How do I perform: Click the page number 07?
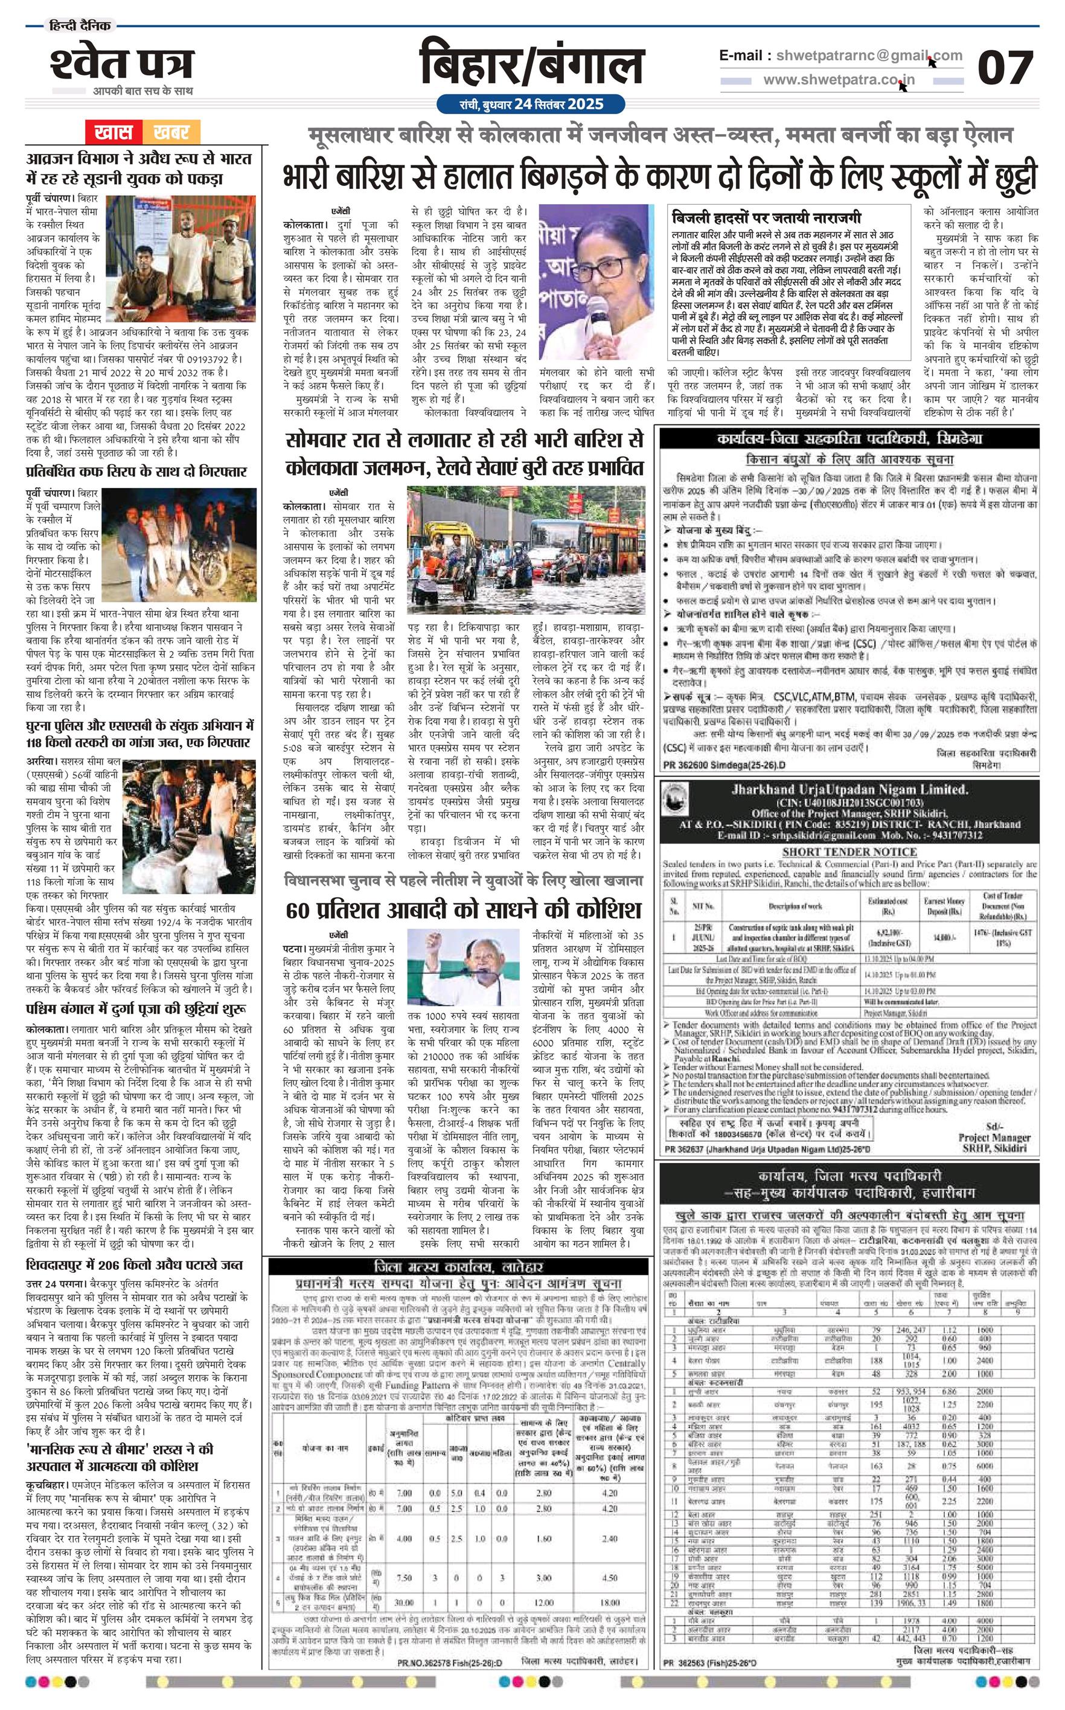[1005, 68]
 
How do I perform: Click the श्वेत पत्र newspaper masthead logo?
[121, 63]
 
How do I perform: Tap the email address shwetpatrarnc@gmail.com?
[840, 56]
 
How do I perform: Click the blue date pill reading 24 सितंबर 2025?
[529, 104]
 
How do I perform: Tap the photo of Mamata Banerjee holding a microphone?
[596, 282]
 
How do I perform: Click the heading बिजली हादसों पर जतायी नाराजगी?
[766, 217]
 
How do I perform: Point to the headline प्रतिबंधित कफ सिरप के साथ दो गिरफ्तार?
[136, 471]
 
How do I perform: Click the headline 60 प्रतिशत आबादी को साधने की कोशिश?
[464, 909]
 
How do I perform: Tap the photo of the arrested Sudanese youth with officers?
[180, 260]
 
